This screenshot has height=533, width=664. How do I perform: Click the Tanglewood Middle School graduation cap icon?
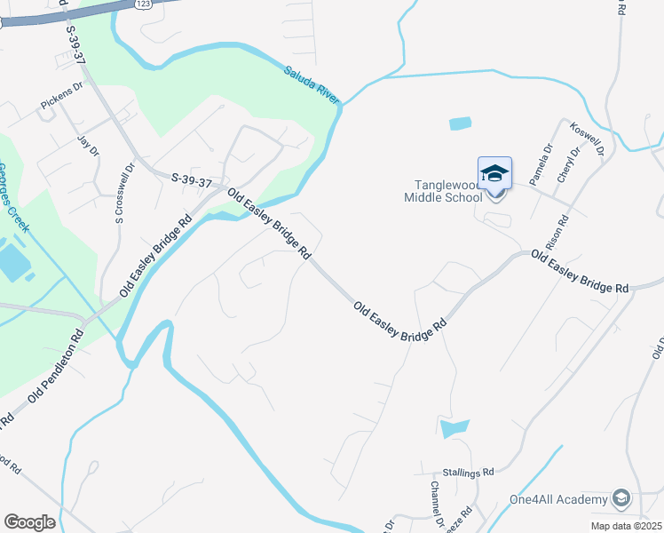coord(494,173)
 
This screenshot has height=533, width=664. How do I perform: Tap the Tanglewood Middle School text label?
coord(448,191)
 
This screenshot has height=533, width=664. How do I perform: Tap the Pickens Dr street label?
coord(61,98)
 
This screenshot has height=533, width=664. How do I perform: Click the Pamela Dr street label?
coord(541,164)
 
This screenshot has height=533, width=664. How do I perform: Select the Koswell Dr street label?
coord(588,141)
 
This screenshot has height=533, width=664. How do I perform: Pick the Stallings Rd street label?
coord(468,473)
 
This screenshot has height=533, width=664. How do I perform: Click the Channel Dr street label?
coord(436,504)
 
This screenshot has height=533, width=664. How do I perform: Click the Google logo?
coord(30,522)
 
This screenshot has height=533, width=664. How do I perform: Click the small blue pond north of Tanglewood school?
coord(461,123)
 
